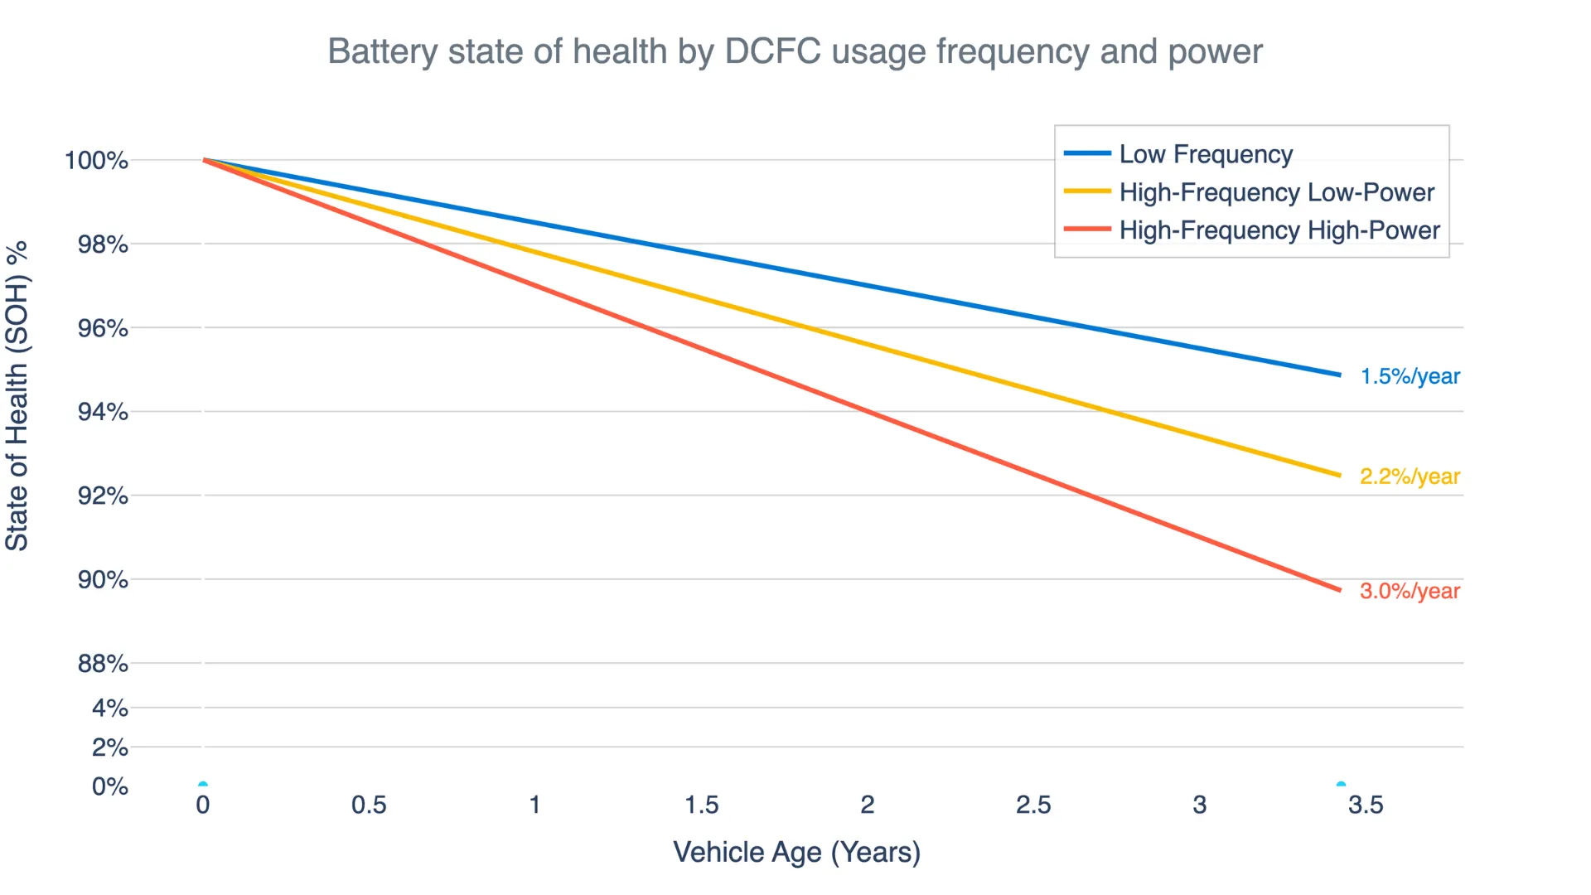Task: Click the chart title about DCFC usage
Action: tap(795, 51)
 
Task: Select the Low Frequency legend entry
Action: tap(1205, 154)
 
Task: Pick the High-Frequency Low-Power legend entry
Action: tap(1276, 192)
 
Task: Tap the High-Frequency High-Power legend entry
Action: tap(1279, 230)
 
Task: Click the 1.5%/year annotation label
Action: tap(1410, 376)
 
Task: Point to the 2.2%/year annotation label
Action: tap(1410, 477)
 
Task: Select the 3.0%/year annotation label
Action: tap(1410, 591)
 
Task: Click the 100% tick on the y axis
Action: tap(97, 160)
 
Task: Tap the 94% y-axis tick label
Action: tap(103, 412)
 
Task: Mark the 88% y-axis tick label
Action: tap(103, 664)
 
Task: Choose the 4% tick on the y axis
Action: tap(110, 709)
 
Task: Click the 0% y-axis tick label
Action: tap(110, 786)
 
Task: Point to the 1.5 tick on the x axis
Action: tap(701, 805)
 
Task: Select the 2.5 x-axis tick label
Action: tap(1033, 805)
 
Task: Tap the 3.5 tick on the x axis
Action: tap(1366, 805)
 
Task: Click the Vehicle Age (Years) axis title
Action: tap(796, 852)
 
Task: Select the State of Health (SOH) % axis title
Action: tap(17, 396)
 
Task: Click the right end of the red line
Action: tap(1338, 590)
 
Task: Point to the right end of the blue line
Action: tap(1338, 375)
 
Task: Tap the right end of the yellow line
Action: tap(1338, 476)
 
